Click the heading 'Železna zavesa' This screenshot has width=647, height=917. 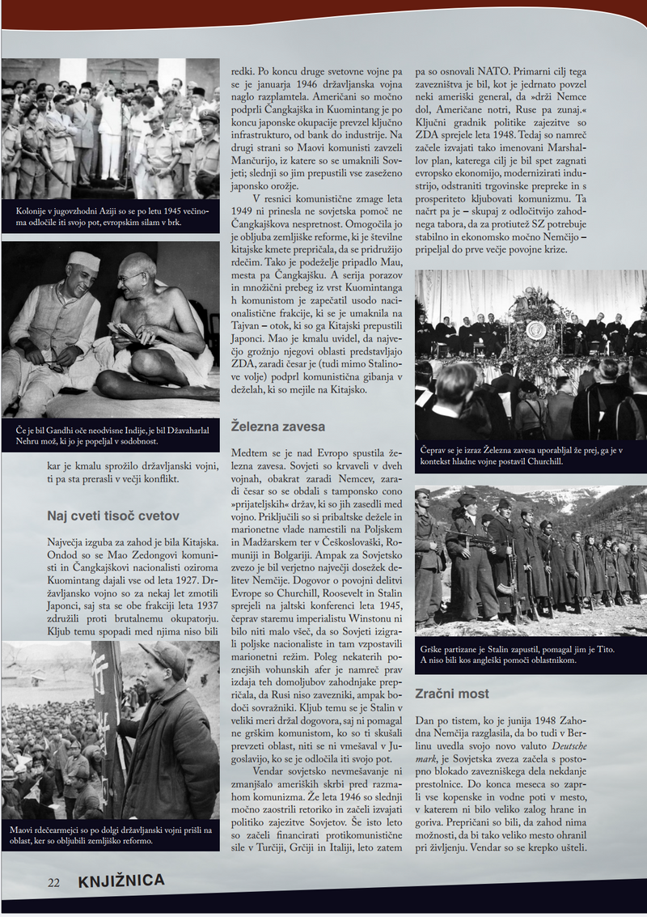pos(278,426)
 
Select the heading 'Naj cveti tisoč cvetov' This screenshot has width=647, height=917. pos(112,516)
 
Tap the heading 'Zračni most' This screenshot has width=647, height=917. pos(452,694)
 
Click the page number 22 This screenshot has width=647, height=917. pos(53,882)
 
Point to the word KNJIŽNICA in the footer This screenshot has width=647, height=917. pos(121,881)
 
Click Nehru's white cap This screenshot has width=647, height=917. pos(83,261)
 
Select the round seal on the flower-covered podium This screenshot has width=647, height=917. pos(535,329)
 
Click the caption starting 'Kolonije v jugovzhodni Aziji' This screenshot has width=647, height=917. pos(110,217)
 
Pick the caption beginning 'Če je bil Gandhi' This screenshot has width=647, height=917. pos(110,435)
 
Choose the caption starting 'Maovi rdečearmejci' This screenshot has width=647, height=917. pos(110,834)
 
